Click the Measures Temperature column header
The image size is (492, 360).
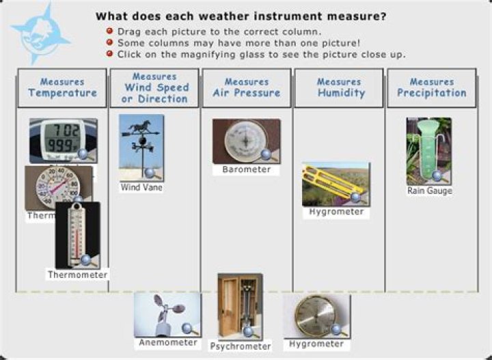click(62, 87)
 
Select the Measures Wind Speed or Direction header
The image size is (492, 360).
click(154, 87)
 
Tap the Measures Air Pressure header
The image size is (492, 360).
click(247, 87)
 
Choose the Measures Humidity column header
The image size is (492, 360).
click(339, 87)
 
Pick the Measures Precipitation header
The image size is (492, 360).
click(432, 87)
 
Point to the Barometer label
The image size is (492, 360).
click(247, 170)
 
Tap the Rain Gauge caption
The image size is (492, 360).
click(429, 191)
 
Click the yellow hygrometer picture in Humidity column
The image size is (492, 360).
click(336, 184)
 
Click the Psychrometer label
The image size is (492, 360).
click(240, 346)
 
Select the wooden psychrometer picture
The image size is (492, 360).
click(239, 306)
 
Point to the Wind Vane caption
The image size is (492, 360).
click(141, 187)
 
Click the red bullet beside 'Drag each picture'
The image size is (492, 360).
click(110, 31)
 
